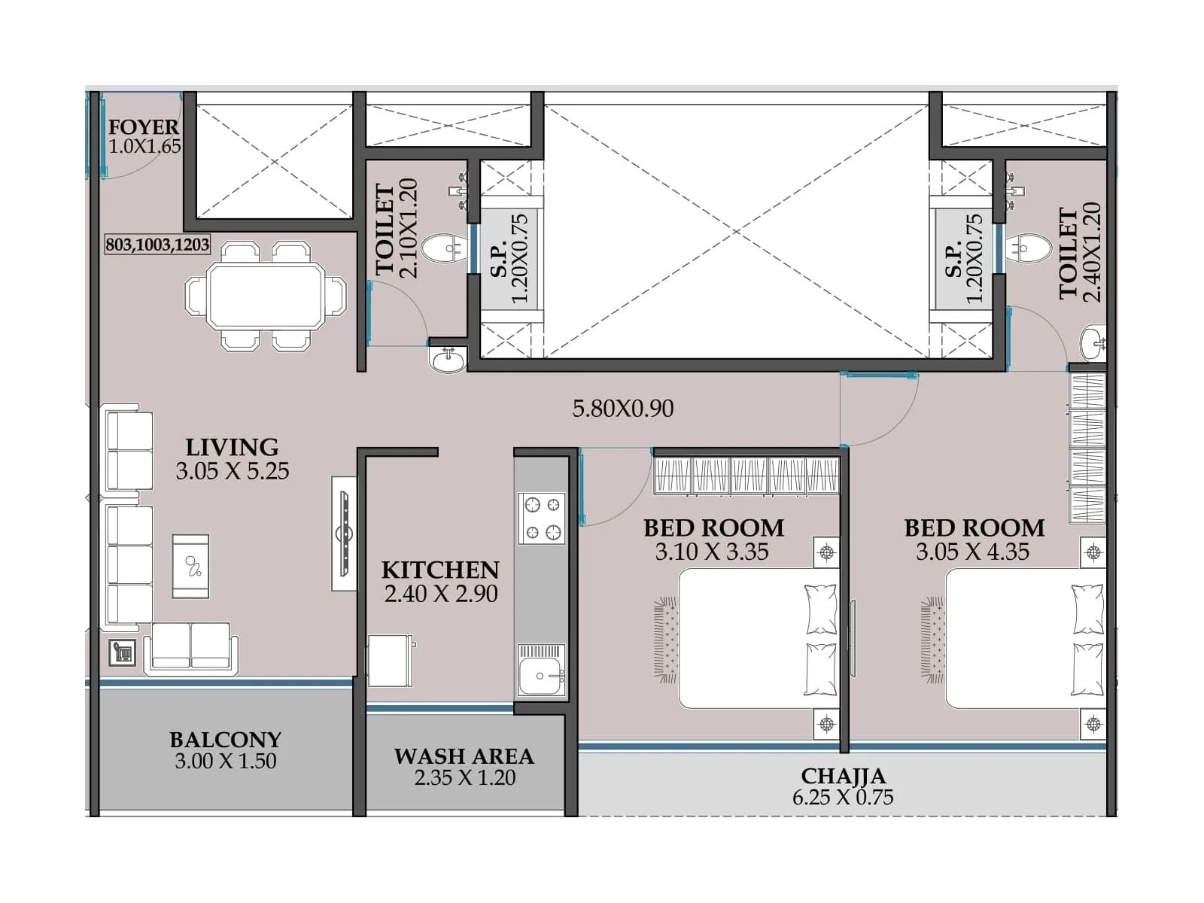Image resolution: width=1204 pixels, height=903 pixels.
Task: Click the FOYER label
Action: point(143,127)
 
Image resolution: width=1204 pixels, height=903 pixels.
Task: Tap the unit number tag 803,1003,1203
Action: point(157,245)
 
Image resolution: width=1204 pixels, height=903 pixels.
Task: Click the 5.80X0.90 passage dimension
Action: point(622,409)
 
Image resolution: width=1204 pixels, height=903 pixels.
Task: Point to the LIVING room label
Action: point(232,447)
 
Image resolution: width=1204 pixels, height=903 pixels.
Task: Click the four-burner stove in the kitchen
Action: point(542,518)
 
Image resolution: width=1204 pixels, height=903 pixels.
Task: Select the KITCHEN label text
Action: point(440,570)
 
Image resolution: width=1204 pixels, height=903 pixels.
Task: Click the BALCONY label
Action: point(225,740)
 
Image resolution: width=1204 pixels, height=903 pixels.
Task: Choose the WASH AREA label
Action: point(464,756)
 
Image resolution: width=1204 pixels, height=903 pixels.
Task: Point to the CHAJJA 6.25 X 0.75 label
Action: point(843,786)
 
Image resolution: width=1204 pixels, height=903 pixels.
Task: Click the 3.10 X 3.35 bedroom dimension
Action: point(712,552)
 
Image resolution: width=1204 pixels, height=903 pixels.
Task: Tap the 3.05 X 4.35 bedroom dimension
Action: point(972,552)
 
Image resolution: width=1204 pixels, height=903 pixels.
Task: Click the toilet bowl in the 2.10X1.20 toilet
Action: point(442,248)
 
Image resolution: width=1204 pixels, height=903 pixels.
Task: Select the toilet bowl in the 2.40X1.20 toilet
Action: point(1028,248)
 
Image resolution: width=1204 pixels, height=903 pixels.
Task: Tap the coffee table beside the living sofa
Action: point(191,566)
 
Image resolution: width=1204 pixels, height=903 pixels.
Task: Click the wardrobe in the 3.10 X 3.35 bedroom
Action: point(746,476)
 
